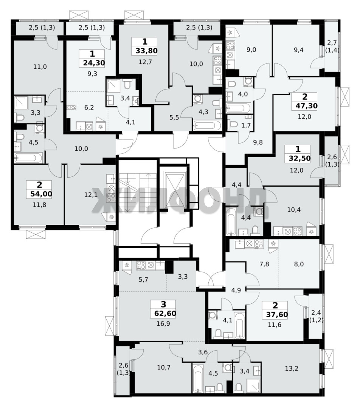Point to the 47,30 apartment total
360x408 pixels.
[304, 106]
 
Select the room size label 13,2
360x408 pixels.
[292, 368]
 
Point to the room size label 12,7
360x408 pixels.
[145, 62]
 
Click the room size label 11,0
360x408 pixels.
[40, 67]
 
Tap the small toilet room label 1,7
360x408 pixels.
[246, 125]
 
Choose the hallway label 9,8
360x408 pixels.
[258, 142]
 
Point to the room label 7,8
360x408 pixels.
[264, 264]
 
